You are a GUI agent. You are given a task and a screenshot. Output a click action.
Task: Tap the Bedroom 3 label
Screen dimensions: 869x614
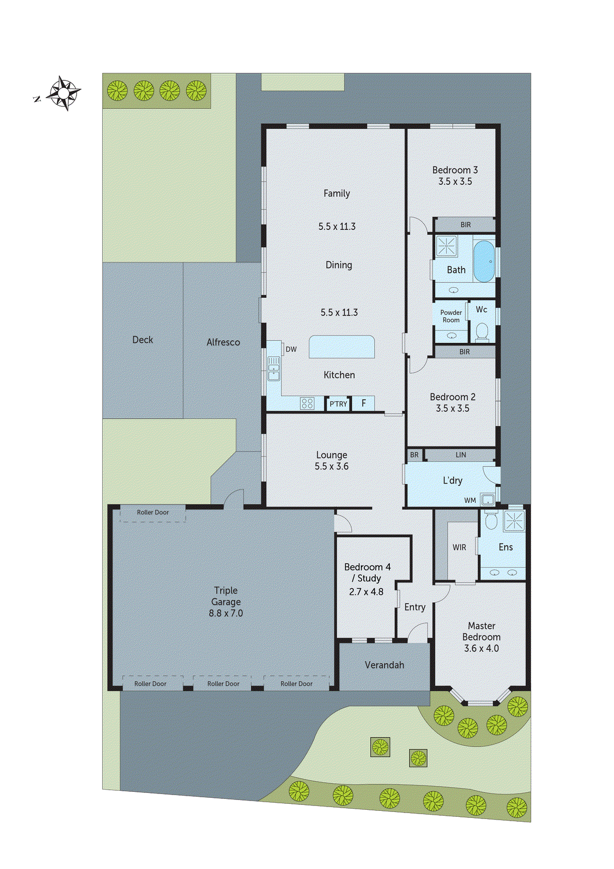(x=455, y=170)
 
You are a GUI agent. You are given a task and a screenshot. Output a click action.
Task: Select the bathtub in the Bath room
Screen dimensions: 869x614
(x=484, y=261)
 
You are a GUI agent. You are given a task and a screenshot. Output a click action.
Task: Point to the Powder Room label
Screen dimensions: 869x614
(x=451, y=316)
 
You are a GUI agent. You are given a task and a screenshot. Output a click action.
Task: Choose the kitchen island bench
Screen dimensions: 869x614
(x=341, y=347)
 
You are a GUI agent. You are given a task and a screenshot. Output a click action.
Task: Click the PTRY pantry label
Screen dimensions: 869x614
(x=338, y=404)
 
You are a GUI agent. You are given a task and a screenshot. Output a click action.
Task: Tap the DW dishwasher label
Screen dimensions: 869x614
(x=291, y=349)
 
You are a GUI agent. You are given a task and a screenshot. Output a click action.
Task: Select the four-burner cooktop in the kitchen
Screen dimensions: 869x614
(x=307, y=403)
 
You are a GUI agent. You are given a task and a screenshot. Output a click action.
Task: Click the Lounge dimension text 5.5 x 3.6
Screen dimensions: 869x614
(x=332, y=467)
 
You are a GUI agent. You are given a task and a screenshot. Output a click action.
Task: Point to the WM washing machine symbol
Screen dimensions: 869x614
(x=488, y=499)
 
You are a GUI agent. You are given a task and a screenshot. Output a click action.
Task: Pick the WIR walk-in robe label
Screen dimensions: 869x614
(x=459, y=547)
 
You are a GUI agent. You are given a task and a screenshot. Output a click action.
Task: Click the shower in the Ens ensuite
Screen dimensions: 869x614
(x=514, y=520)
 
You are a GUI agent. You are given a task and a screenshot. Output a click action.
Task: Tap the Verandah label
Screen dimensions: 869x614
(x=384, y=665)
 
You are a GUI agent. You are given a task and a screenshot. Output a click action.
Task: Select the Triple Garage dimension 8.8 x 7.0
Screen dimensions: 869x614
(x=226, y=613)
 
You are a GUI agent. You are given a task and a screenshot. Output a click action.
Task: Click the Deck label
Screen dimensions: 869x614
(x=143, y=339)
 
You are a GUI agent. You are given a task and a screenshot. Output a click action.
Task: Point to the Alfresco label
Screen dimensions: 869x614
(x=223, y=342)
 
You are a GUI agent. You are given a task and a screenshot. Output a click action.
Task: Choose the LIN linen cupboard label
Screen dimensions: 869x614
(x=460, y=455)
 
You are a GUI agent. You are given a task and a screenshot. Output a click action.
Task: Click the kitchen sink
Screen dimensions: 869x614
(x=274, y=369)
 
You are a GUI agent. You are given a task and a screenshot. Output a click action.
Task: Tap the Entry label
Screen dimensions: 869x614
(x=415, y=607)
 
